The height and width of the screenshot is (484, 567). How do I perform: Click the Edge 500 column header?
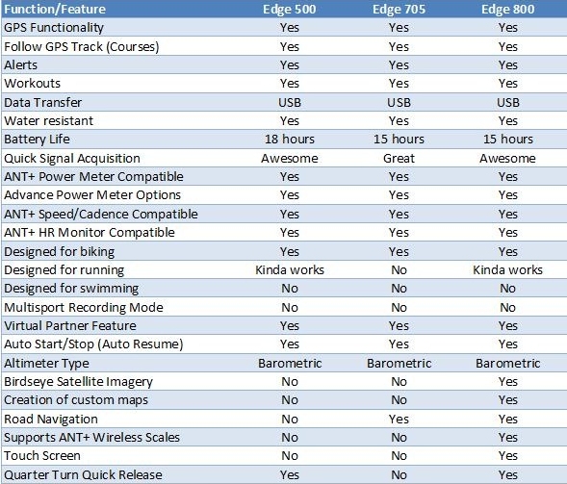[x=290, y=9]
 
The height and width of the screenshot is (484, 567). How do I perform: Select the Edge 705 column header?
[x=399, y=9]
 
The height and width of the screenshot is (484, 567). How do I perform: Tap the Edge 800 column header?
[x=507, y=9]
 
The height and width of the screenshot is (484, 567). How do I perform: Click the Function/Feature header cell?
[x=55, y=9]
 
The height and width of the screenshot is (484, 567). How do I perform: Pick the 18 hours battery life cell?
[x=290, y=140]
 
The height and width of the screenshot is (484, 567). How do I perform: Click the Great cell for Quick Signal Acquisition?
[x=399, y=159]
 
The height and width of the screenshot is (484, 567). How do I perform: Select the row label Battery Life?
[x=37, y=140]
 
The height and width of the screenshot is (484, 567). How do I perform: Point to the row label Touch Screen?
[x=42, y=456]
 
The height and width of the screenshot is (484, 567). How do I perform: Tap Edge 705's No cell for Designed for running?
[x=399, y=270]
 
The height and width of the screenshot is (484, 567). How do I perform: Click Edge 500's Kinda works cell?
[x=290, y=270]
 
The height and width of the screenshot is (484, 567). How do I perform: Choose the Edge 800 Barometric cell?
[x=507, y=364]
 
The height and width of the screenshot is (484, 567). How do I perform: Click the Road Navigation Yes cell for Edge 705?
[x=399, y=419]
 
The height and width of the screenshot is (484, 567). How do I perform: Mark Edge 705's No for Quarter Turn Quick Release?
[x=399, y=475]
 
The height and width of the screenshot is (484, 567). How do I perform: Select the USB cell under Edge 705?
[x=399, y=103]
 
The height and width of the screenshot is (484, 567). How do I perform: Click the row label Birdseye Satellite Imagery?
[x=78, y=382]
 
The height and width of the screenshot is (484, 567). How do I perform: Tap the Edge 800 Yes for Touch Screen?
[x=507, y=456]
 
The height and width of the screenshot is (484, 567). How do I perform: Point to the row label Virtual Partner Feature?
[x=70, y=326]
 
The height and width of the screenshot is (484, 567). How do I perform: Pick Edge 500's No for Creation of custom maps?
[x=290, y=400]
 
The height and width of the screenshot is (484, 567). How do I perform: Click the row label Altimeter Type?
[x=46, y=364]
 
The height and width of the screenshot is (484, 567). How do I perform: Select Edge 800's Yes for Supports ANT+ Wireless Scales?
[x=507, y=438]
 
